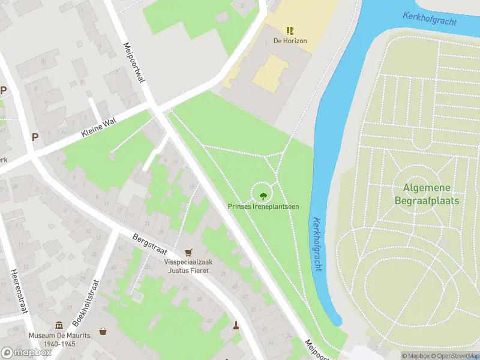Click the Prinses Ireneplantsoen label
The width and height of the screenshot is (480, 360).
click(x=263, y=206)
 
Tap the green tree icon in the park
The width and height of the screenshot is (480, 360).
click(x=263, y=195)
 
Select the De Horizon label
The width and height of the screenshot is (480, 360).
click(x=290, y=41)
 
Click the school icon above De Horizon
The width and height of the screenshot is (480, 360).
click(x=290, y=30)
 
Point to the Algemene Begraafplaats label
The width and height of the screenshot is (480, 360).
click(x=427, y=194)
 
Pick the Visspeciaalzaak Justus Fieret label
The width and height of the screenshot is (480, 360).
click(x=189, y=266)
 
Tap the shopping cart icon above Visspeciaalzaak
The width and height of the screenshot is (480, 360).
click(x=189, y=253)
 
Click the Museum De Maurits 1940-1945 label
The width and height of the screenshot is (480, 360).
click(x=59, y=340)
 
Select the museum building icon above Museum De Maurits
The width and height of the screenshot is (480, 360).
click(x=59, y=325)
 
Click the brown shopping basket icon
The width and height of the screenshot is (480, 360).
click(x=103, y=331)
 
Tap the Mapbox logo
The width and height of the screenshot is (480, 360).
click(x=26, y=353)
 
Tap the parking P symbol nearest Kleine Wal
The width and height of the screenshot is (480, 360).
click(x=35, y=137)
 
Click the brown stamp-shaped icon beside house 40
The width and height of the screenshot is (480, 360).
click(x=236, y=326)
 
